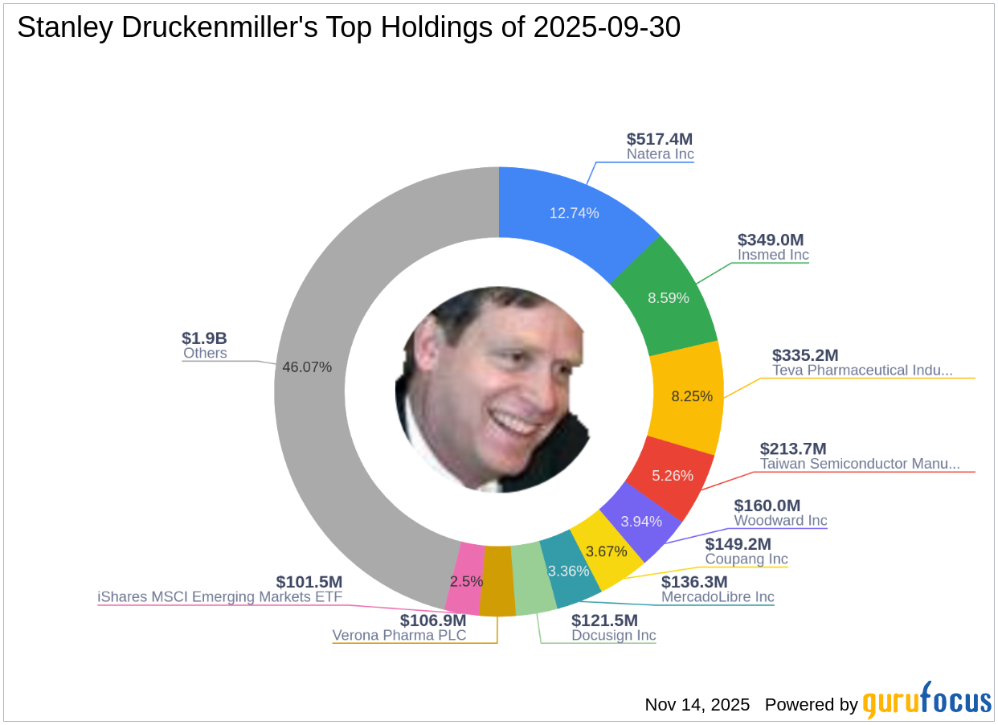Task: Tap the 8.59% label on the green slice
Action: pos(669,297)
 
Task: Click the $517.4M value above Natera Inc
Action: pos(659,139)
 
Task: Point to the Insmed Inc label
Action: pos(773,255)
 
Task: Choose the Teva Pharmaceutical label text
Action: pos(862,371)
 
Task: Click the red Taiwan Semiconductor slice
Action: pos(672,475)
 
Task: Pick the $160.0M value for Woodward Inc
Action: pos(767,506)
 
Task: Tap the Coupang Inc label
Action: pos(746,559)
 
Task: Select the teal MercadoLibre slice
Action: pos(569,571)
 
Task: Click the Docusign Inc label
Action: pos(613,635)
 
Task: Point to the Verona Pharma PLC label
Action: pos(399,635)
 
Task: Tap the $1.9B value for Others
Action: pos(205,338)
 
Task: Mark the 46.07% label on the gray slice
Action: pos(307,367)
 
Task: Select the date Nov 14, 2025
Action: pos(697,705)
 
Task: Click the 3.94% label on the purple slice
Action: pos(641,521)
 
